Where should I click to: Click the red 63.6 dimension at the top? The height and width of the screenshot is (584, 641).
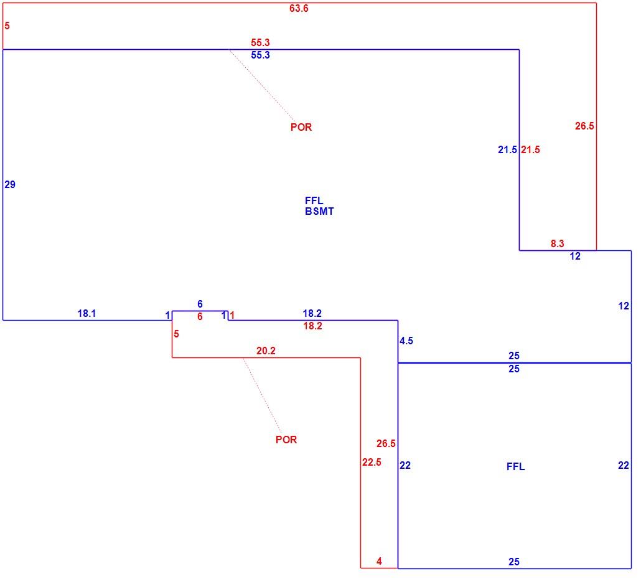[x=299, y=8]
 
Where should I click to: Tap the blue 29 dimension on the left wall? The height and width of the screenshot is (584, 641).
[x=10, y=184]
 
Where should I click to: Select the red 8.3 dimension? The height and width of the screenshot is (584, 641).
[x=557, y=243]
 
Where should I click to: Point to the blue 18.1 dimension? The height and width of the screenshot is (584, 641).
[x=87, y=313]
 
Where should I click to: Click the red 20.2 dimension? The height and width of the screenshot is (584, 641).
[x=266, y=351]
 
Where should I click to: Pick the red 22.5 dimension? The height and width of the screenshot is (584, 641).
[x=372, y=462]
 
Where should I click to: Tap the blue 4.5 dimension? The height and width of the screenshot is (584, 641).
[x=406, y=341]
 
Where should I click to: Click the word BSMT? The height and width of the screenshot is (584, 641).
[x=319, y=212]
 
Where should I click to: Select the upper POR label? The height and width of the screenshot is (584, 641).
[x=301, y=127]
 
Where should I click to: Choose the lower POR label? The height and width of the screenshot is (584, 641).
[x=286, y=440]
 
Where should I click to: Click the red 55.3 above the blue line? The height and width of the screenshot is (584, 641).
[x=260, y=42]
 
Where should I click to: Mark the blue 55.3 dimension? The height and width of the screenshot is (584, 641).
[x=260, y=55]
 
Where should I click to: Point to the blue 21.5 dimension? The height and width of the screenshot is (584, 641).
[x=507, y=149]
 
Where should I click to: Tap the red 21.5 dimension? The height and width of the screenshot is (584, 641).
[x=530, y=149]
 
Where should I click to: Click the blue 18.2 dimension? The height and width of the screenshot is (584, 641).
[x=312, y=313]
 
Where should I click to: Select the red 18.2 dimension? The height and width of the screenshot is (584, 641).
[x=312, y=326]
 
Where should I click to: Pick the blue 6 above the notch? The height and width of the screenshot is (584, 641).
[x=200, y=304]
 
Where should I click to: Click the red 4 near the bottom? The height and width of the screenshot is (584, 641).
[x=379, y=561]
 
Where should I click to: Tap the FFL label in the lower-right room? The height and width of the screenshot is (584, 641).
[x=515, y=466]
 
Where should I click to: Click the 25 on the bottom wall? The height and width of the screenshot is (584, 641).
[x=514, y=562]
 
